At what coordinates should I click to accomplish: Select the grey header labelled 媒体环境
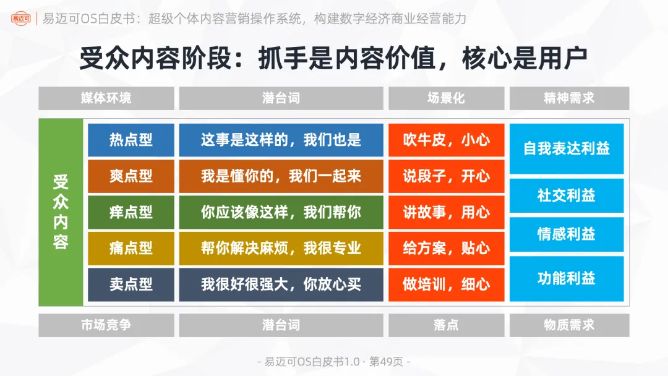(106, 98)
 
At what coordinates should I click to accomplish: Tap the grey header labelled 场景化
(446, 98)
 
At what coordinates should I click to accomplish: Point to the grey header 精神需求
(569, 98)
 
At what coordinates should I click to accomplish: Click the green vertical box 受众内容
(61, 212)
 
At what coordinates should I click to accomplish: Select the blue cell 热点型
(131, 140)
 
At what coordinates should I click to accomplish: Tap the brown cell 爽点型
(131, 176)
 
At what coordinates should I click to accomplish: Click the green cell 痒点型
(131, 212)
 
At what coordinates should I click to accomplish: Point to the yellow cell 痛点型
(131, 248)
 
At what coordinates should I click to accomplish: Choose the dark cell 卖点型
(131, 284)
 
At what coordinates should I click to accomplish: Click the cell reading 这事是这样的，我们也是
(281, 140)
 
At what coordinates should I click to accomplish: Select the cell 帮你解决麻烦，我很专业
(281, 248)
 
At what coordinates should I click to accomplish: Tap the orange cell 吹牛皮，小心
(446, 140)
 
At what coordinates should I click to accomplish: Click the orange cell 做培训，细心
(446, 284)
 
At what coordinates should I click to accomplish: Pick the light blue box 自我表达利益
(567, 149)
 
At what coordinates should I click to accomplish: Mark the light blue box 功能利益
(567, 278)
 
